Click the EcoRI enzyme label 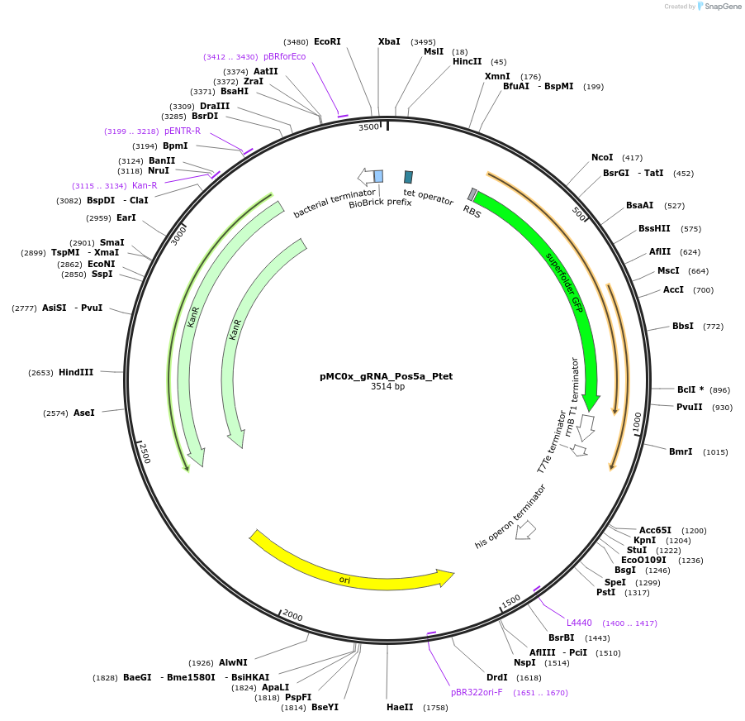[327, 41]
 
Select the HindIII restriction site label [76, 372]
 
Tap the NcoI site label [602, 157]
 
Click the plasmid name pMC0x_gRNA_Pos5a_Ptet [386, 376]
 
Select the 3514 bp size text [387, 386]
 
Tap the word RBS [472, 212]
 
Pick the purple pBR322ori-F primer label [476, 692]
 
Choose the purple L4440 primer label [579, 623]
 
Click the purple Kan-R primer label [145, 185]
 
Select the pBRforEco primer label [284, 56]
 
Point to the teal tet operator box [408, 177]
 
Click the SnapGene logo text [720, 7]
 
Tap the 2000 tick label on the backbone [292, 615]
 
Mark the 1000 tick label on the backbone [637, 422]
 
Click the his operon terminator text [510, 517]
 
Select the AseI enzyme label [84, 413]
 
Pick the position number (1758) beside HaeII [434, 707]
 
